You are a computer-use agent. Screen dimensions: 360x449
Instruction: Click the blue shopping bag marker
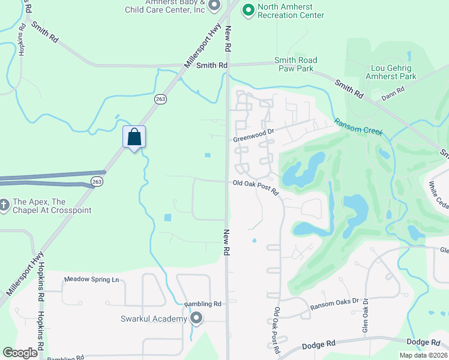[x=134, y=137]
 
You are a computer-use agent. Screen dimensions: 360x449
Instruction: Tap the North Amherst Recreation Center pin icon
[x=247, y=10]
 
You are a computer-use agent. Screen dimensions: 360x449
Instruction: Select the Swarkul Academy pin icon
[x=196, y=319]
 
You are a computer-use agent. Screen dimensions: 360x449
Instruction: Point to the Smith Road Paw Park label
[x=296, y=64]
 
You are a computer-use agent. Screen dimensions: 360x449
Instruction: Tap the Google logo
[x=20, y=353]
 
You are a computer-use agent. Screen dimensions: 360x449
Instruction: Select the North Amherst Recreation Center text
[x=291, y=11]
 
